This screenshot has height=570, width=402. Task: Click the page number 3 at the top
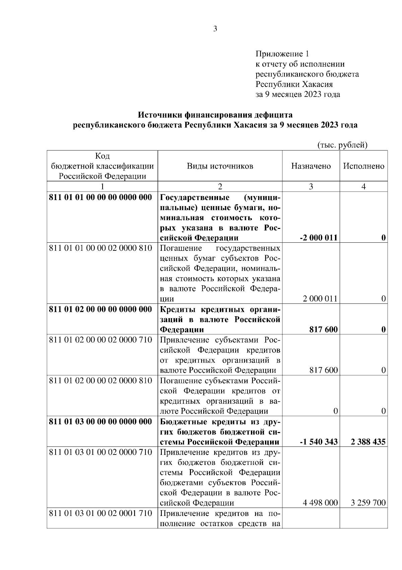coord(215,29)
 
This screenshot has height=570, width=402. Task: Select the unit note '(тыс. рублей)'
coord(342,145)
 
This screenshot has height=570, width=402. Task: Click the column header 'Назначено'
coord(311,166)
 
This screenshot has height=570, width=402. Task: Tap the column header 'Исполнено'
coord(363,166)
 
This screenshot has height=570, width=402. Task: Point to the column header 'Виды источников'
coord(220,166)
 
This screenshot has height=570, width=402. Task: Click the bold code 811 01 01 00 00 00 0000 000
coord(100,197)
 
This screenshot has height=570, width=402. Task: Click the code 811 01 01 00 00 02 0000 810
coord(100,248)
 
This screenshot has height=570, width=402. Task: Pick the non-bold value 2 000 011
coord(320,299)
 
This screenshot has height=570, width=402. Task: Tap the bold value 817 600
coord(323,330)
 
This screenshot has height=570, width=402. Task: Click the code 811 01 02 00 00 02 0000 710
coord(100,340)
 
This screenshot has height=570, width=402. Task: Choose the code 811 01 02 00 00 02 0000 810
coord(100,381)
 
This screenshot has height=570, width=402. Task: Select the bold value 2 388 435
coord(368,442)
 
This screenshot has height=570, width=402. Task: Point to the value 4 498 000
coord(320,503)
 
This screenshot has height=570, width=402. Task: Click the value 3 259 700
coord(368,503)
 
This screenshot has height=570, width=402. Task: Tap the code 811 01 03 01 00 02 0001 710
coord(100,513)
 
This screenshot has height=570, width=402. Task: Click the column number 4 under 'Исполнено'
coord(363,187)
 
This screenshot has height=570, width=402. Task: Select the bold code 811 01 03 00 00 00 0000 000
coord(100,422)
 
